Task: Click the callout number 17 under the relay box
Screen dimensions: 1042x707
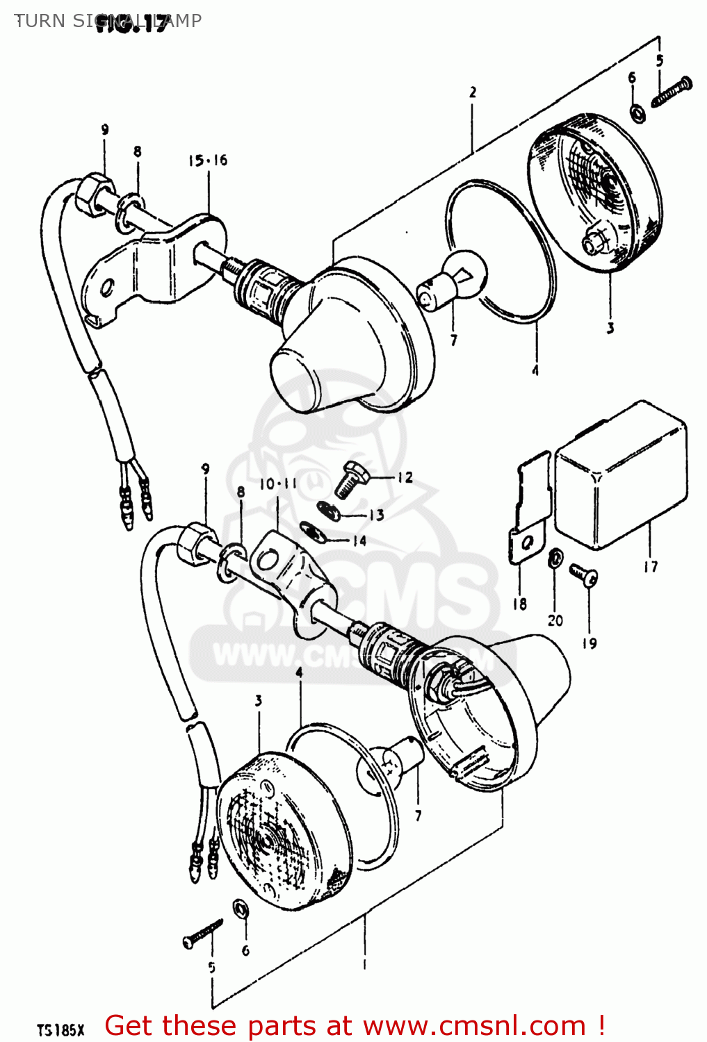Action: [650, 567]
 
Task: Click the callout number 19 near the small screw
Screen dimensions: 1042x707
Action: [589, 643]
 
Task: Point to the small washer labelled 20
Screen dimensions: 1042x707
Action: [555, 559]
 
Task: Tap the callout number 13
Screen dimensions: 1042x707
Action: [376, 515]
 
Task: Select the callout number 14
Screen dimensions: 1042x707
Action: [359, 540]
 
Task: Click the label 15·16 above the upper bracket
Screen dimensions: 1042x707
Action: [207, 160]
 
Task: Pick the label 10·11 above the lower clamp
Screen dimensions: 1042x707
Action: [278, 484]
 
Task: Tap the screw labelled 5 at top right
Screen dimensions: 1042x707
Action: [672, 92]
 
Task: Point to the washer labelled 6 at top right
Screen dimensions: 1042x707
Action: [636, 112]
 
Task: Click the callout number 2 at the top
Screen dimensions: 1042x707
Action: [473, 92]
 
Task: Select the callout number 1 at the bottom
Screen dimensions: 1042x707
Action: [364, 964]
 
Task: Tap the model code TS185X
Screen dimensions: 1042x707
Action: [60, 1029]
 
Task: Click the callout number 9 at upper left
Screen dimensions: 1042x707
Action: [104, 129]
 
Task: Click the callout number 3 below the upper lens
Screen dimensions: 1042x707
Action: [610, 328]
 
